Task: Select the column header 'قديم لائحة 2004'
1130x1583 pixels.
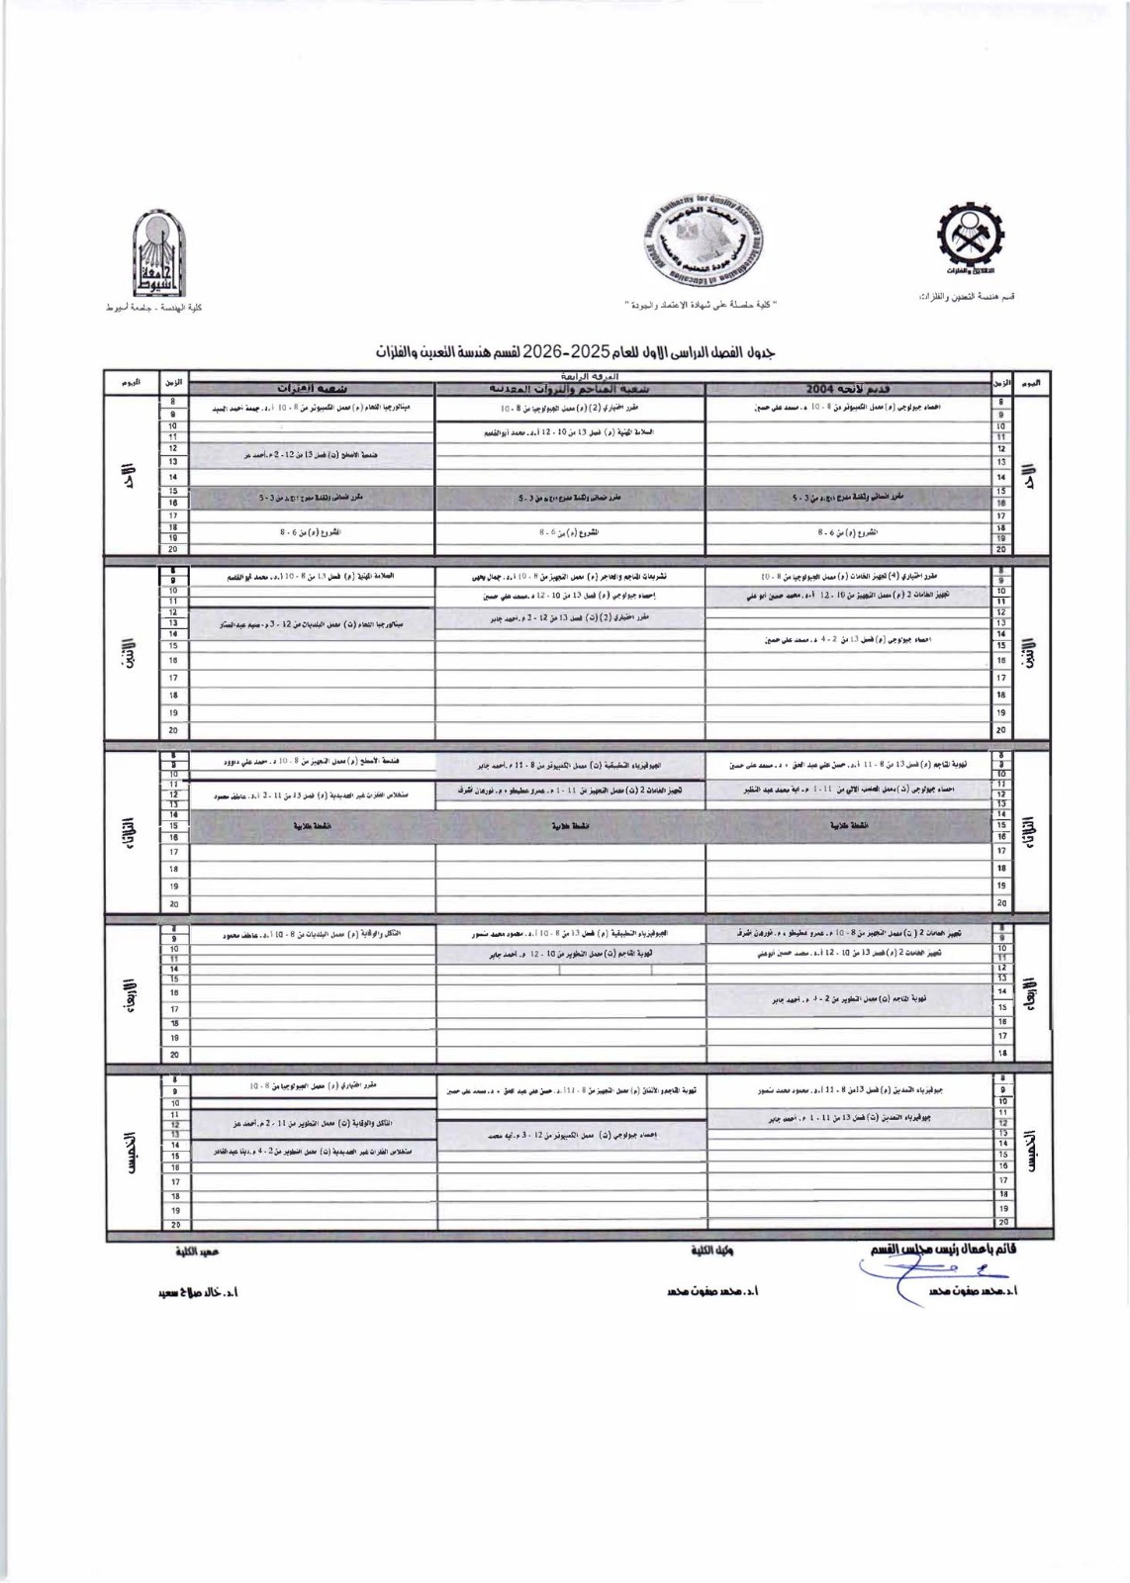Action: click(x=848, y=388)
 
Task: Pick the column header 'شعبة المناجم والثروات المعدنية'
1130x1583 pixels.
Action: click(x=570, y=388)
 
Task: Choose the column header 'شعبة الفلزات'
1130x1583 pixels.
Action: click(x=312, y=388)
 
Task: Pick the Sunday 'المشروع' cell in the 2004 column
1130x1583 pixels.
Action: click(x=848, y=531)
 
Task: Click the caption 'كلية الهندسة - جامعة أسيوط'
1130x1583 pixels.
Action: click(x=153, y=309)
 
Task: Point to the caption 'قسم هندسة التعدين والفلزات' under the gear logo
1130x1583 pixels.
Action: click(x=967, y=297)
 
